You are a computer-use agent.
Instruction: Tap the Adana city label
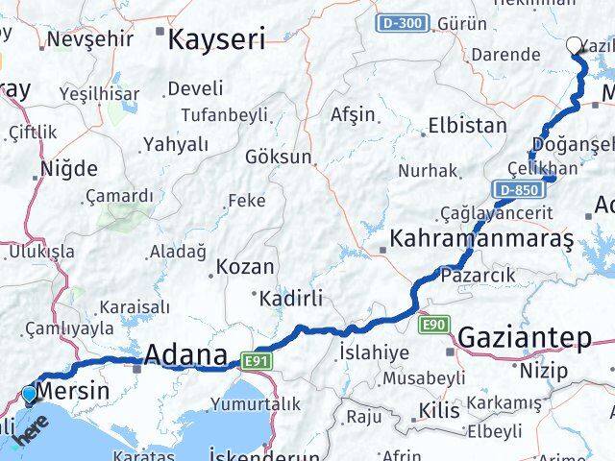tap(184, 355)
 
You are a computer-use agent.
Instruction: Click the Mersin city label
tap(73, 391)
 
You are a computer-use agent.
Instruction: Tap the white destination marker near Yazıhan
tap(575, 44)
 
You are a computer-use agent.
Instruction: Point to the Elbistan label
tap(467, 125)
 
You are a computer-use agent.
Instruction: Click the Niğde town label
tap(68, 169)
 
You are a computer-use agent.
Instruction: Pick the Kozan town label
tap(244, 266)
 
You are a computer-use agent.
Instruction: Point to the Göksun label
tap(279, 156)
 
